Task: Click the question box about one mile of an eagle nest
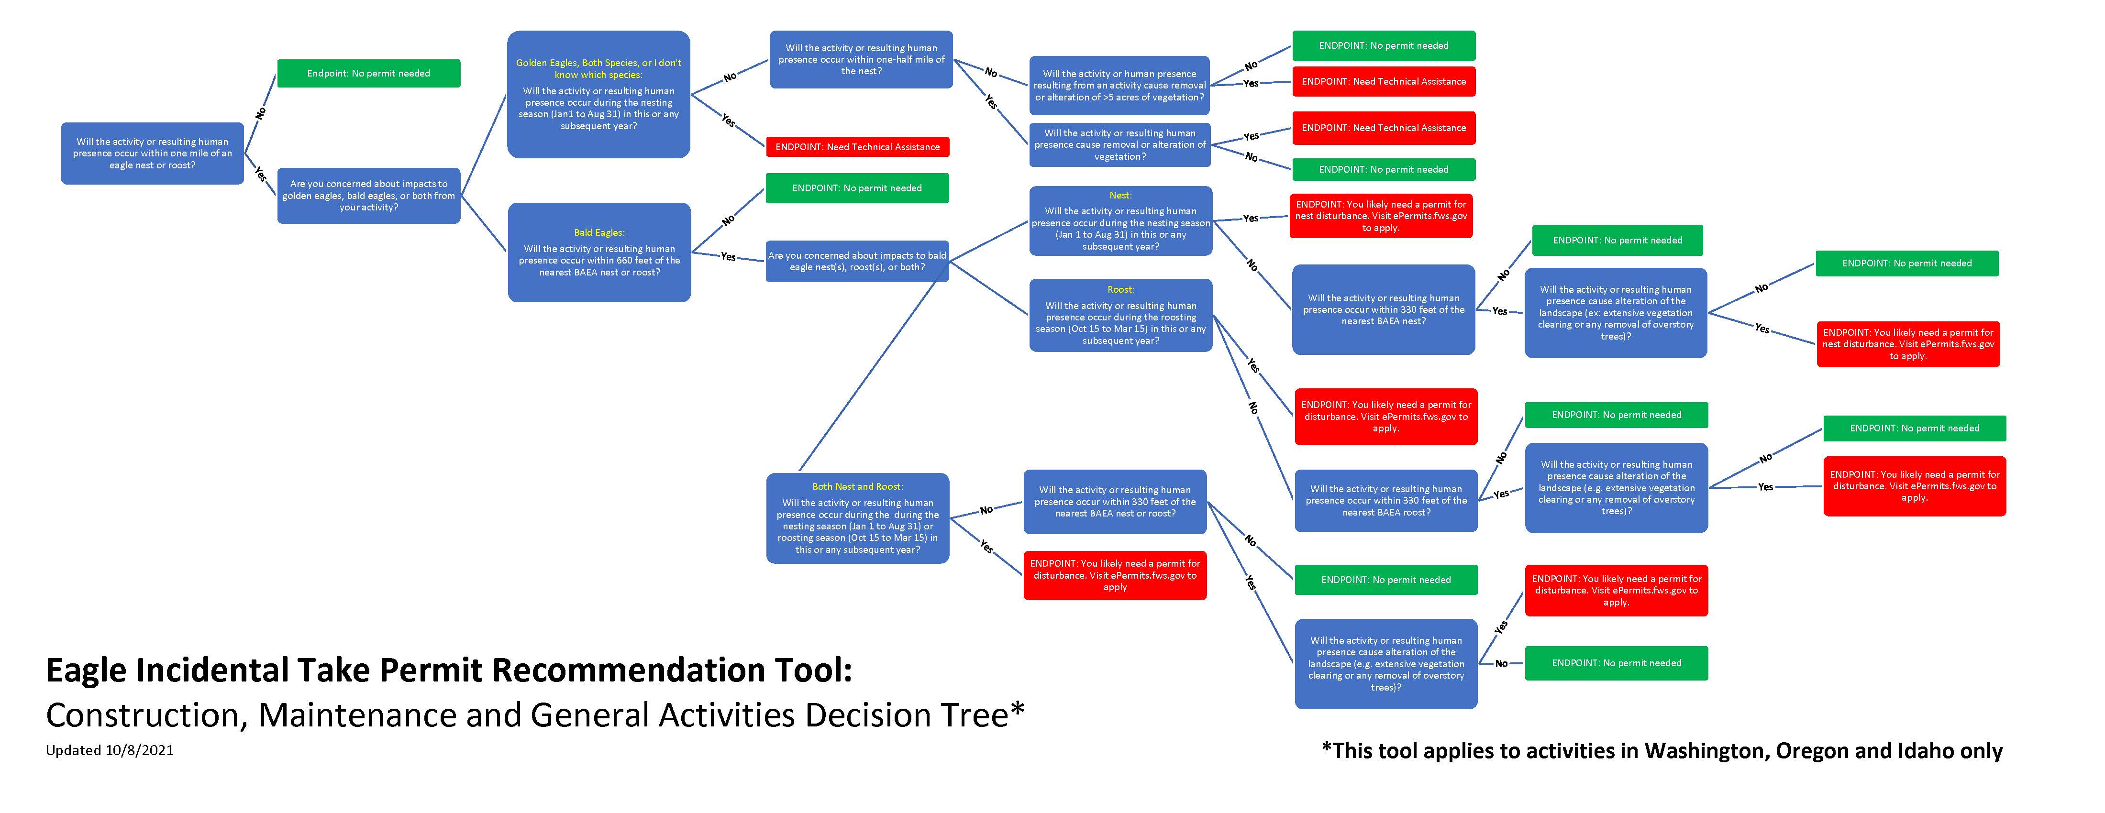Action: click(152, 154)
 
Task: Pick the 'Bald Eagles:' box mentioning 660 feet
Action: click(599, 253)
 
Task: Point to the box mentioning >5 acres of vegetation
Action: click(1119, 85)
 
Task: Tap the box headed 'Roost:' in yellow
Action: click(1120, 315)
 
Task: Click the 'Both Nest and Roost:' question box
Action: click(857, 518)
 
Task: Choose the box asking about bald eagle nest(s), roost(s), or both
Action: click(857, 262)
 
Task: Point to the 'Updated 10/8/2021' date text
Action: click(110, 750)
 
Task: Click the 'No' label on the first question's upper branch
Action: click(261, 113)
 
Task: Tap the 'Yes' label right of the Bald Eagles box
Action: click(728, 256)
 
